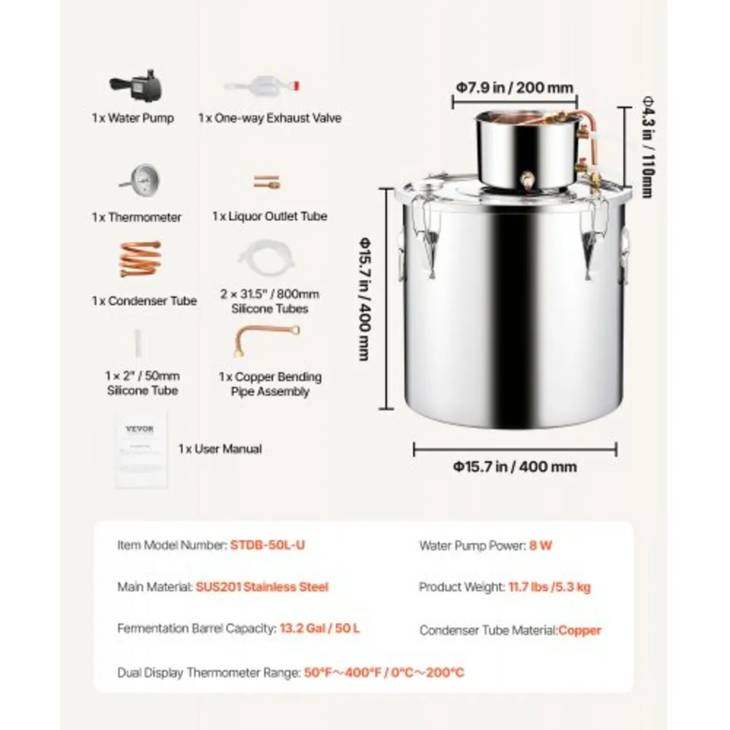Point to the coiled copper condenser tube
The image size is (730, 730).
click(141, 260)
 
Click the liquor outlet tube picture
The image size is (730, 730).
click(266, 181)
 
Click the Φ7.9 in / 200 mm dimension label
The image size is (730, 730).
click(515, 88)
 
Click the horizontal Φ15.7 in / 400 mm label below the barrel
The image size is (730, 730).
click(515, 467)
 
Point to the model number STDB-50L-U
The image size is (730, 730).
click(268, 545)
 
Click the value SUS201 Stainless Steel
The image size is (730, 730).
click(262, 587)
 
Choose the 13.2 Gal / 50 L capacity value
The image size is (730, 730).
click(320, 628)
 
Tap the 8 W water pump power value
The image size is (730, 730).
click(541, 546)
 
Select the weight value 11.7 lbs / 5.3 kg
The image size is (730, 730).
click(549, 587)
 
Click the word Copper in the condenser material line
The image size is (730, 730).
click(580, 631)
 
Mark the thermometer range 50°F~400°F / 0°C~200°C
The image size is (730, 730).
click(384, 673)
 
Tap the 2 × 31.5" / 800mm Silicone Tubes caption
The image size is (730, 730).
click(269, 301)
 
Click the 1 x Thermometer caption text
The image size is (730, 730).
click(137, 217)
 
